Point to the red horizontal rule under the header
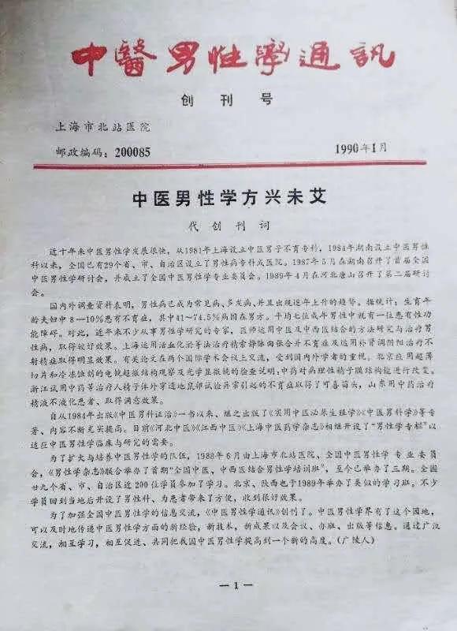coord(228,164)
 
